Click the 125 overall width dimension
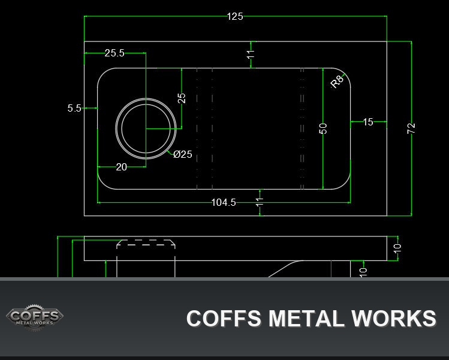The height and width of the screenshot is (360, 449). (235, 16)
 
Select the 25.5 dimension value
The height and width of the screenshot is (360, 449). (114, 53)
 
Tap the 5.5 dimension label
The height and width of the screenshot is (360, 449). (74, 108)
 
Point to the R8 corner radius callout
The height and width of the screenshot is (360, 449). (337, 82)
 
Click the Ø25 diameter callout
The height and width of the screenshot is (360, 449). (183, 154)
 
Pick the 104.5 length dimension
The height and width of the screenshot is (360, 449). (224, 202)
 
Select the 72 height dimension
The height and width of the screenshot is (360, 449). (411, 128)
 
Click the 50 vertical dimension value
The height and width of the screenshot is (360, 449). (323, 128)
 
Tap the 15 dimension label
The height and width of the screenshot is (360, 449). (368, 122)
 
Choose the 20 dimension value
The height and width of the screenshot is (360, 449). (122, 167)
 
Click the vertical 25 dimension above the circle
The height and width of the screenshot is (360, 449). (182, 98)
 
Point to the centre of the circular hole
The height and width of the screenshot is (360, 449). (146, 128)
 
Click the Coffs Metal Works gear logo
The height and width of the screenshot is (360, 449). (35, 317)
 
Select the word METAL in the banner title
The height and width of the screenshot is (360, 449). (306, 319)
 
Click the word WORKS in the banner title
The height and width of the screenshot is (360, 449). (394, 319)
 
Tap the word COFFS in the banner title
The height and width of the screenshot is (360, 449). (224, 319)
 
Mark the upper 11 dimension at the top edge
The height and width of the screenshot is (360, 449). (251, 54)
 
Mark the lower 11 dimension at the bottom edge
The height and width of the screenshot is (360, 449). (260, 202)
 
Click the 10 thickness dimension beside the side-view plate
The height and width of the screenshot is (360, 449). (397, 248)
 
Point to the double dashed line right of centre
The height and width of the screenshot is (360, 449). (302, 128)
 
